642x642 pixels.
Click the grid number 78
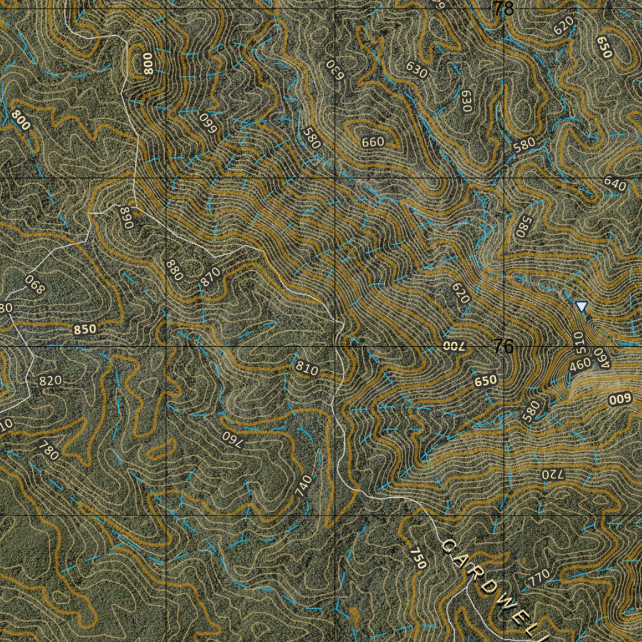point(503,9)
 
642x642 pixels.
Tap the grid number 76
point(503,345)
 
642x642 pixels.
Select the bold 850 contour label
point(85,329)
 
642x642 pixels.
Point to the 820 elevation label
point(50,381)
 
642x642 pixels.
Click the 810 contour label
point(307,368)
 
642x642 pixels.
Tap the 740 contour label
point(303,486)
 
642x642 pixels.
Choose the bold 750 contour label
point(418,557)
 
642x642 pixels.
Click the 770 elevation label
point(539,576)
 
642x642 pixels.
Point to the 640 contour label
point(615,184)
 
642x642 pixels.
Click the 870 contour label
point(210,276)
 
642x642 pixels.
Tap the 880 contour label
point(175,270)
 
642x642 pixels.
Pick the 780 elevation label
point(48,450)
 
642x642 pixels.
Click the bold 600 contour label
point(621,399)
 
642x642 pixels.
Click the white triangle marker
point(582,306)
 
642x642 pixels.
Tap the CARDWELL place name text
point(495,587)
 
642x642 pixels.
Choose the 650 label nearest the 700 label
point(486,380)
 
